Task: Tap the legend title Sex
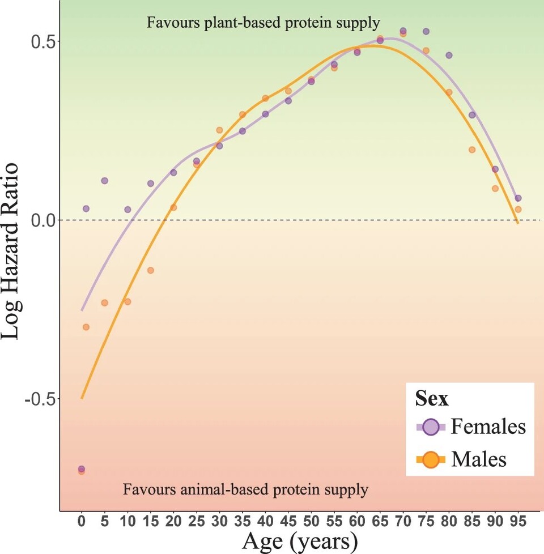point(432,399)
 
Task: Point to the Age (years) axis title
point(300,541)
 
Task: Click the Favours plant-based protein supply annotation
point(263,23)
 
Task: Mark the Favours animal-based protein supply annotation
point(245,489)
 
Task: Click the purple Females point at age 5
point(105,181)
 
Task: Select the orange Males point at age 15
point(151,270)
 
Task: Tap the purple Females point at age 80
point(449,55)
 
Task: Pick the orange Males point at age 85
point(472,150)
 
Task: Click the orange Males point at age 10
point(127,301)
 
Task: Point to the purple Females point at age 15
point(151,184)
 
